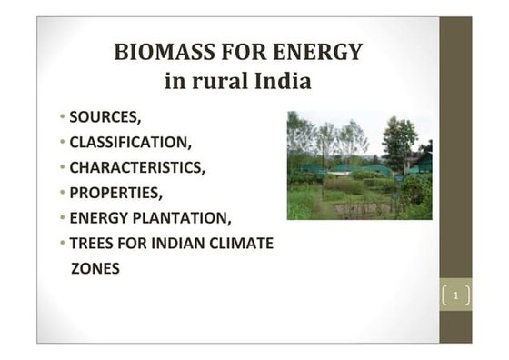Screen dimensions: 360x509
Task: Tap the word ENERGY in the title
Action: click(x=314, y=52)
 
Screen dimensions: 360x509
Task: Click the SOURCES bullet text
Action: click(x=105, y=117)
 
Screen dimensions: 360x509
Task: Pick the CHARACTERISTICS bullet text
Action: click(x=136, y=168)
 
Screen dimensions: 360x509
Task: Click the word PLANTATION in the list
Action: click(x=189, y=218)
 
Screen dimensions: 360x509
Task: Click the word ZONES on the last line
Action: click(x=95, y=269)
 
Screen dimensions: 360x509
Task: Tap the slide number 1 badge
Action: click(x=456, y=295)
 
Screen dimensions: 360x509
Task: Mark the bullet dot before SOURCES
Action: click(x=64, y=118)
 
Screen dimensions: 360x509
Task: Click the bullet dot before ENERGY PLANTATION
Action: click(x=64, y=219)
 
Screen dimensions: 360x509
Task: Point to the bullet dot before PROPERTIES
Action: click(x=64, y=194)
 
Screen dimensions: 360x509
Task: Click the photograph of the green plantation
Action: click(x=359, y=165)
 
